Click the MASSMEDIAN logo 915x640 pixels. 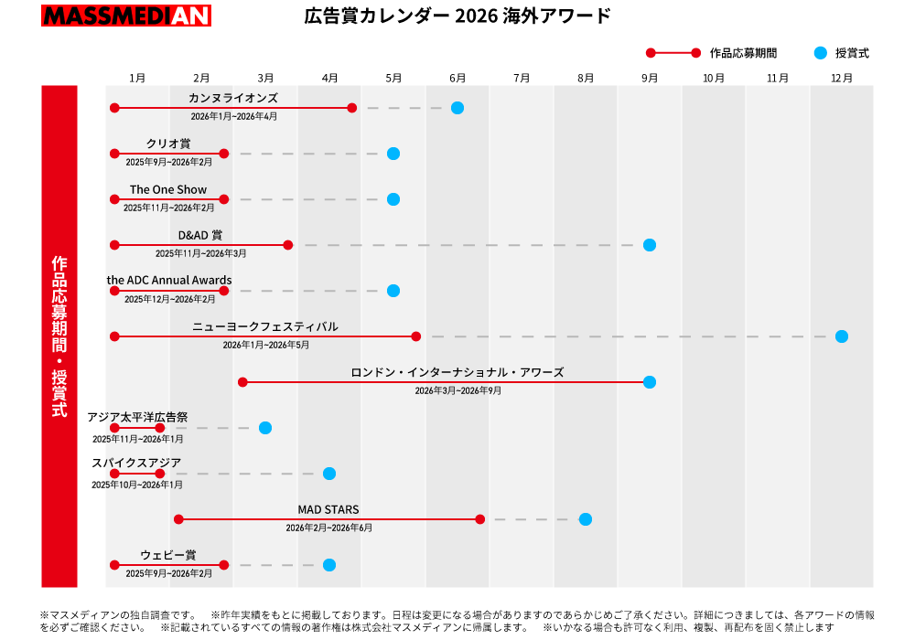tap(126, 16)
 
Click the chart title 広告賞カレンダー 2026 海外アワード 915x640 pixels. tap(457, 16)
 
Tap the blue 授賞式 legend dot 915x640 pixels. tap(820, 53)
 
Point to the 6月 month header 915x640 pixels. tap(457, 79)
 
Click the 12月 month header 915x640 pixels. tap(842, 79)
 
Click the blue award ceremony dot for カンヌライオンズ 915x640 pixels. tap(457, 108)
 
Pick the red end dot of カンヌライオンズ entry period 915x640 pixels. tap(352, 108)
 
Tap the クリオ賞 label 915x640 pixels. tap(168, 144)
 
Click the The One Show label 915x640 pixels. tap(168, 189)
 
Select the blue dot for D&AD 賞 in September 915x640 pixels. tap(650, 245)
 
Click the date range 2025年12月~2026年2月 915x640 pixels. tap(169, 299)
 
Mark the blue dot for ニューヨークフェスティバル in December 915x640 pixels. tap(842, 336)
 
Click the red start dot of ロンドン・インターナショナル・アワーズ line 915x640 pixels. tap(242, 382)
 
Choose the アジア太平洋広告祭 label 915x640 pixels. tap(137, 417)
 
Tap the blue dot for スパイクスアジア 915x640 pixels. tap(329, 474)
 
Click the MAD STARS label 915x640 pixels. tap(328, 509)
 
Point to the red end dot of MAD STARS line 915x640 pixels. tap(480, 519)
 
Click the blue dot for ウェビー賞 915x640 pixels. tap(329, 565)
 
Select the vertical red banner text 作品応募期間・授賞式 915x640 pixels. tap(59, 336)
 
